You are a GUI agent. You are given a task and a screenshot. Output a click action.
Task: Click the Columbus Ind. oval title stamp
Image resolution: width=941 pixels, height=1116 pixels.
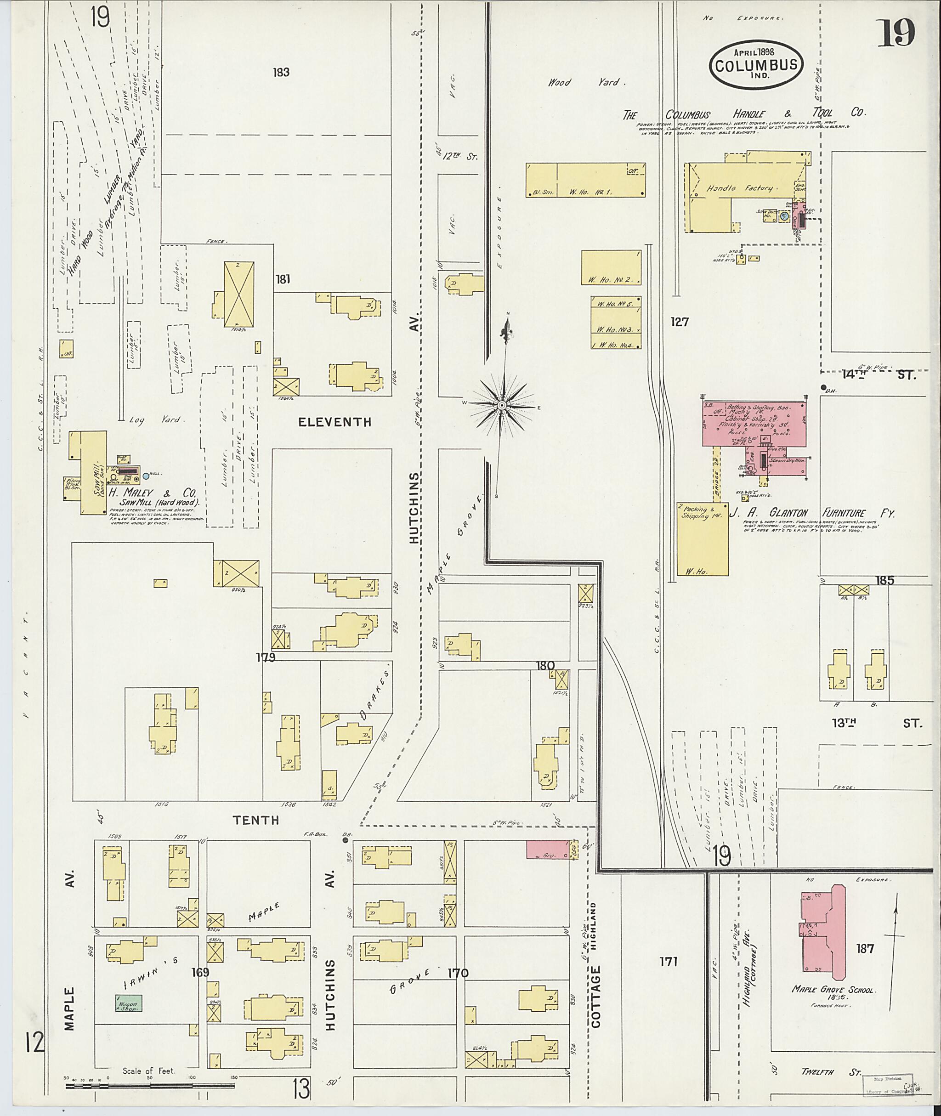coord(756,64)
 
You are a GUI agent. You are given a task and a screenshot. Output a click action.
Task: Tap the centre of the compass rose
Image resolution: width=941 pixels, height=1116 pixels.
coord(501,406)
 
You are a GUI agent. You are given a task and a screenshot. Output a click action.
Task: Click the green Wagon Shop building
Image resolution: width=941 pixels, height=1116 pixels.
coord(129,1003)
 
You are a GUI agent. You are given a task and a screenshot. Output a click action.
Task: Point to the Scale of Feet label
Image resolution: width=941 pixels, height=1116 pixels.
coord(148,1071)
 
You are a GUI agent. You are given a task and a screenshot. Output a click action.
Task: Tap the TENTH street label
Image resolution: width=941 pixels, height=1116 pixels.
coord(256,820)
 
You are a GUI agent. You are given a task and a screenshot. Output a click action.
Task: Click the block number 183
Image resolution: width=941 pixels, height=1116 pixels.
coord(281,73)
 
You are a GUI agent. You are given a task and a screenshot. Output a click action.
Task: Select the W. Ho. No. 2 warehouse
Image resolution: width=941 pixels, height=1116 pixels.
coord(611,267)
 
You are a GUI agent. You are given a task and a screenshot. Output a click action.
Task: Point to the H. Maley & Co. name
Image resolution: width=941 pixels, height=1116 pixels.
coord(153,493)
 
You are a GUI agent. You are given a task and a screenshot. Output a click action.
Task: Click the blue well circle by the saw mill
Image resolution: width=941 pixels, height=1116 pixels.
coord(147,475)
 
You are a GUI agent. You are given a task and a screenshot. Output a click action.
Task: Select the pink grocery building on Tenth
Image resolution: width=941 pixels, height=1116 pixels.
coord(548,849)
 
